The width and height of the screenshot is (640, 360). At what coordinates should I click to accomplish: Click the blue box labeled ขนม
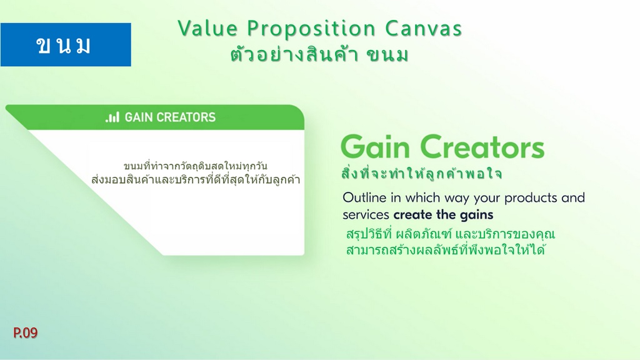coord(66,44)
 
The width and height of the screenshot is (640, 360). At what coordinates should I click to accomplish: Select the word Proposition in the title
coord(311,29)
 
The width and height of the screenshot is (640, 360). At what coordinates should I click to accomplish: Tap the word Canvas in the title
coord(423,29)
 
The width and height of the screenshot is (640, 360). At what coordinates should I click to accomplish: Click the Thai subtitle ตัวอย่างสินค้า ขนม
coord(319,55)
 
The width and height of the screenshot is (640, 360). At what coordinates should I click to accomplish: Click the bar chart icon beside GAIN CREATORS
coord(112,117)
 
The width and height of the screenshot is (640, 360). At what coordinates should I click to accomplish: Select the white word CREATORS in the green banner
coord(186,117)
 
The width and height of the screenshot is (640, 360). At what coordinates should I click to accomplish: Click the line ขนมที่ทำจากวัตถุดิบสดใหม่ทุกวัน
coord(196,166)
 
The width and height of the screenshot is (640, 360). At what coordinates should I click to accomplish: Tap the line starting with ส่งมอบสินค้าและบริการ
coord(196,179)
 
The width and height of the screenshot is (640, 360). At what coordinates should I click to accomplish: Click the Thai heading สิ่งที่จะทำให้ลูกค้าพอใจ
coord(421,174)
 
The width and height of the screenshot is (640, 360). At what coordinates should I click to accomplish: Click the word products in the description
coord(531,198)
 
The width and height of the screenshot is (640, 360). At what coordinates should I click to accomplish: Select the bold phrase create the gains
coord(443,215)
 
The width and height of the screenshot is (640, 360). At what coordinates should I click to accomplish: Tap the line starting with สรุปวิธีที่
coord(451,234)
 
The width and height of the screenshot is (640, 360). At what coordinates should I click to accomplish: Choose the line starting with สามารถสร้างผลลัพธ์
coord(446,249)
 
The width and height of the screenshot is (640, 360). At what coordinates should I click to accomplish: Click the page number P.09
coord(25,332)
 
